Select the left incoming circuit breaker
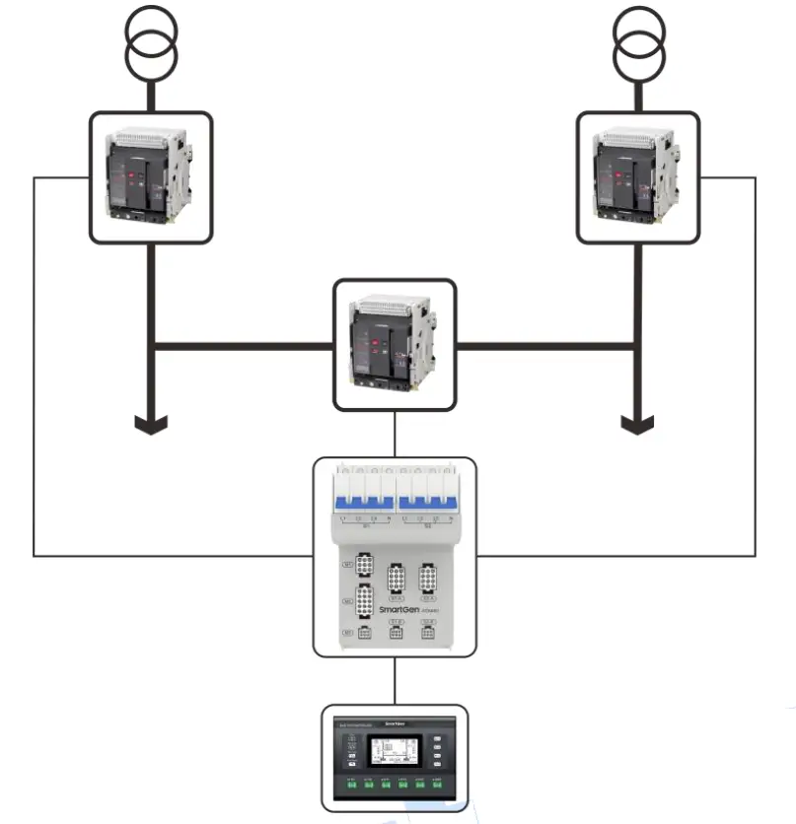[x=151, y=177]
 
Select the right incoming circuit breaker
[x=637, y=177]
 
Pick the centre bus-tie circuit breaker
[x=395, y=345]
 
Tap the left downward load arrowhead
[x=151, y=423]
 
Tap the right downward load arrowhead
[x=637, y=423]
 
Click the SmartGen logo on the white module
[x=402, y=610]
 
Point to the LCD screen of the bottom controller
[x=395, y=754]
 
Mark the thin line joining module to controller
[x=395, y=680]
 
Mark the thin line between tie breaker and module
[x=395, y=434]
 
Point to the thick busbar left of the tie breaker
[x=242, y=346]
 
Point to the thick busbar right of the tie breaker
[x=547, y=346]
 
